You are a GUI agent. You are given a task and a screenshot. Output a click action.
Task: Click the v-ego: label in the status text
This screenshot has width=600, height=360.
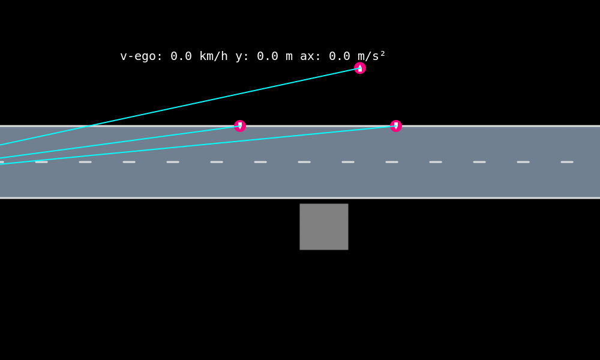tap(141, 56)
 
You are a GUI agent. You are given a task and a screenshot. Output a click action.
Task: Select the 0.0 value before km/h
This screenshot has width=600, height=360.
tap(181, 56)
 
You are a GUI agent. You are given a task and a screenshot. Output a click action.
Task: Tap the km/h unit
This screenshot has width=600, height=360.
tap(214, 56)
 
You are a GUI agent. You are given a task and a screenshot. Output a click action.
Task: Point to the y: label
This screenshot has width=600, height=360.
tap(242, 56)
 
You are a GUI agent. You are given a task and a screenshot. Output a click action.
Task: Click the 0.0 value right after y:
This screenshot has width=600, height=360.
tap(268, 56)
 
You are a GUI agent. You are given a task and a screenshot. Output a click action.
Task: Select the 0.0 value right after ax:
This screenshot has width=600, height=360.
tap(340, 56)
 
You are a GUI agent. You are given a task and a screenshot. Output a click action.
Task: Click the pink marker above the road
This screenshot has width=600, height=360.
tap(360, 68)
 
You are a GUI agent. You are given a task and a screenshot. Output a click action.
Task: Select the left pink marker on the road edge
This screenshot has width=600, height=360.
tap(240, 126)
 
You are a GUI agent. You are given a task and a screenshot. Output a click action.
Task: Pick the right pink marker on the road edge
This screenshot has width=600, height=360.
tap(396, 126)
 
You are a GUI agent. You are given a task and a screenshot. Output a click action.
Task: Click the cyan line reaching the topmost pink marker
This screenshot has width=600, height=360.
tap(180, 106)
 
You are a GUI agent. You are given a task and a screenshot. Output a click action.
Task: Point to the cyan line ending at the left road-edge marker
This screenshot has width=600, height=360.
tap(120, 142)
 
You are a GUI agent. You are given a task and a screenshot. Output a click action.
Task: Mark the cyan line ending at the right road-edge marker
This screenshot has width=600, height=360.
tap(198, 145)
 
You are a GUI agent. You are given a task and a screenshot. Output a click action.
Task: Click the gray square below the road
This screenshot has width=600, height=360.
tap(324, 227)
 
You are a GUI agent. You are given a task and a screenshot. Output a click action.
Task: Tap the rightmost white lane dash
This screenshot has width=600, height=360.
tap(567, 162)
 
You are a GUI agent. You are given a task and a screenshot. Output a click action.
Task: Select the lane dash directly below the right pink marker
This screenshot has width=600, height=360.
tap(392, 162)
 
